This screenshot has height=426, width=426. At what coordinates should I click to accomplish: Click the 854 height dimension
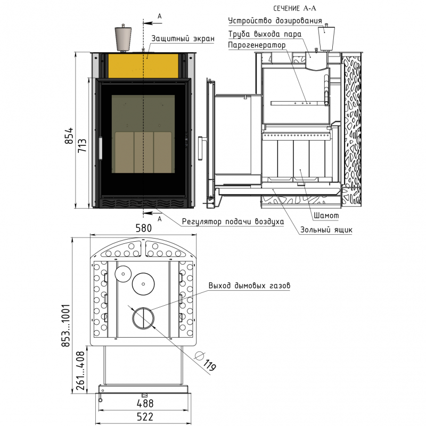69,136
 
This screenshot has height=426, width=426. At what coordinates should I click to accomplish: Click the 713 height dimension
82,145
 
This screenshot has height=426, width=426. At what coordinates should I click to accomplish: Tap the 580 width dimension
143,228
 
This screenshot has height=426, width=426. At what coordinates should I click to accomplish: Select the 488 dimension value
145,403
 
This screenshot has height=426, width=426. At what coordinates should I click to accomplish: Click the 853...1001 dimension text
65,325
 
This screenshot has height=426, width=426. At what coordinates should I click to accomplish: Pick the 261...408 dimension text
80,371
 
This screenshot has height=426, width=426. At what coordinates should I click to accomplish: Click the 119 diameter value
209,365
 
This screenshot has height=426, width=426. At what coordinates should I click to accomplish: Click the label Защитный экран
183,38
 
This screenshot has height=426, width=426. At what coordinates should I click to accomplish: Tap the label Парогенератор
257,45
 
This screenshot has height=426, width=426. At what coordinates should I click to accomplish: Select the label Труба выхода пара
265,34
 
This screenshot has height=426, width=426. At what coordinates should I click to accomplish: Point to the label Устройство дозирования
275,21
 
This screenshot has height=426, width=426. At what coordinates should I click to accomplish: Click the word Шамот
326,216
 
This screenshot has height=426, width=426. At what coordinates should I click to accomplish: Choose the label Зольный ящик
326,230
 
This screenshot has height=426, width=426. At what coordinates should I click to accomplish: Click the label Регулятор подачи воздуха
233,222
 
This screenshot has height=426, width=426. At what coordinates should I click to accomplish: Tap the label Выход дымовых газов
249,285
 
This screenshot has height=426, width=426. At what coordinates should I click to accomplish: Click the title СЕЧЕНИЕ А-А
295,9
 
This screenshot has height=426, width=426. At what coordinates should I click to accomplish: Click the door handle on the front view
101,148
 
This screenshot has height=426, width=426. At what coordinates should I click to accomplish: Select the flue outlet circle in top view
143,318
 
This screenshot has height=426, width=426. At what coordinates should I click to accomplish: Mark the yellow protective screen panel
143,65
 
